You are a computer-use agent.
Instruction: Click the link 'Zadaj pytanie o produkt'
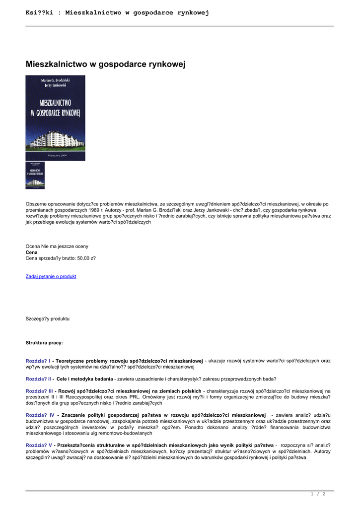(x=51, y=276)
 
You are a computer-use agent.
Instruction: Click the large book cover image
(x=55, y=118)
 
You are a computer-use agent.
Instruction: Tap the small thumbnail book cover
(x=35, y=175)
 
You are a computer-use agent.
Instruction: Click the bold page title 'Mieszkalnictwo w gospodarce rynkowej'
(x=105, y=64)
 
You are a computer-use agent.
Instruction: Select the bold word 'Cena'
(x=31, y=252)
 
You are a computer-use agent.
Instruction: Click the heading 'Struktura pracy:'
(x=44, y=343)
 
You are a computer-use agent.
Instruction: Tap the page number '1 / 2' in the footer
(x=318, y=494)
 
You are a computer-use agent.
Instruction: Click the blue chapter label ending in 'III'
(x=39, y=391)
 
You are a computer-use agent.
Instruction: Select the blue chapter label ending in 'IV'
(x=40, y=415)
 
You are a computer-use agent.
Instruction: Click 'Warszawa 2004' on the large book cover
(x=55, y=155)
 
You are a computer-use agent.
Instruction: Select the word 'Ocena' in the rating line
(x=32, y=246)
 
